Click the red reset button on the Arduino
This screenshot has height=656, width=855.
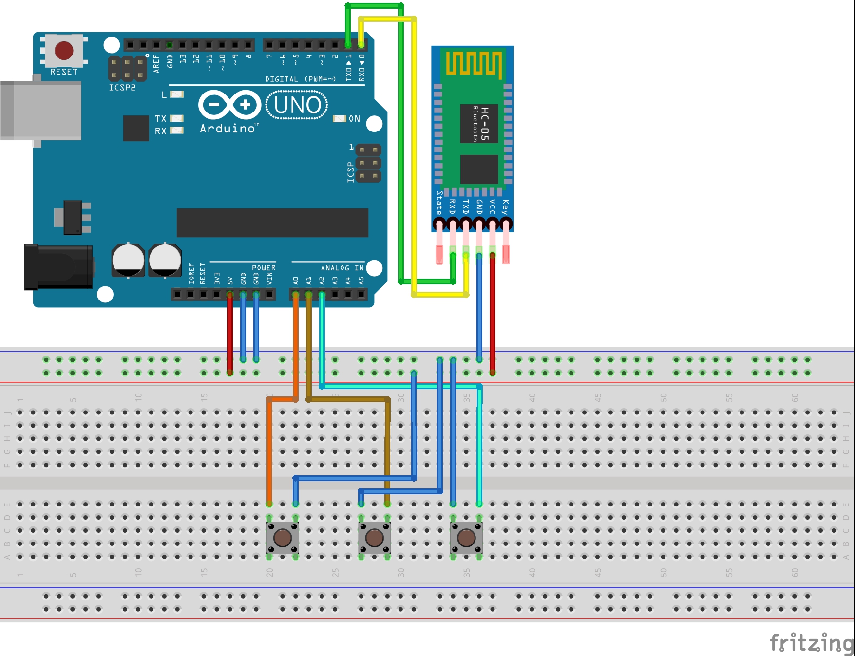[x=64, y=50]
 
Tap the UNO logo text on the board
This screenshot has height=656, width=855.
[x=297, y=105]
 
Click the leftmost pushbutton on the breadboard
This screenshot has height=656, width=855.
[x=283, y=538]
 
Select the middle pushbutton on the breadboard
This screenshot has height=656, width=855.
[x=374, y=538]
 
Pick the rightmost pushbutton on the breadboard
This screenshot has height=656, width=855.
[x=466, y=538]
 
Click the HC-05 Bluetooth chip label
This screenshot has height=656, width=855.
[x=479, y=123]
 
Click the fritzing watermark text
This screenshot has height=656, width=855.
[x=811, y=643]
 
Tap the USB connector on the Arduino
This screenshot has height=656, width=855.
[x=41, y=111]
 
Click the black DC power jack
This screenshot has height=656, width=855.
[x=58, y=267]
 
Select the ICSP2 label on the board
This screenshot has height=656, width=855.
[x=122, y=88]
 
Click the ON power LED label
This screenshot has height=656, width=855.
[x=354, y=119]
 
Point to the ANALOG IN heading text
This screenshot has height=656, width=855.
[x=342, y=268]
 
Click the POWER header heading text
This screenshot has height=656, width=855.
[x=264, y=268]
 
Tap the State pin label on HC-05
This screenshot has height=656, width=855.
[x=439, y=203]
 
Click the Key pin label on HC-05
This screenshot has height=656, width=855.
[x=505, y=206]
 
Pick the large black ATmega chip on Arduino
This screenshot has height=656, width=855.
[x=272, y=223]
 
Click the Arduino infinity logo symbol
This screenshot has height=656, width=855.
[x=230, y=105]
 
